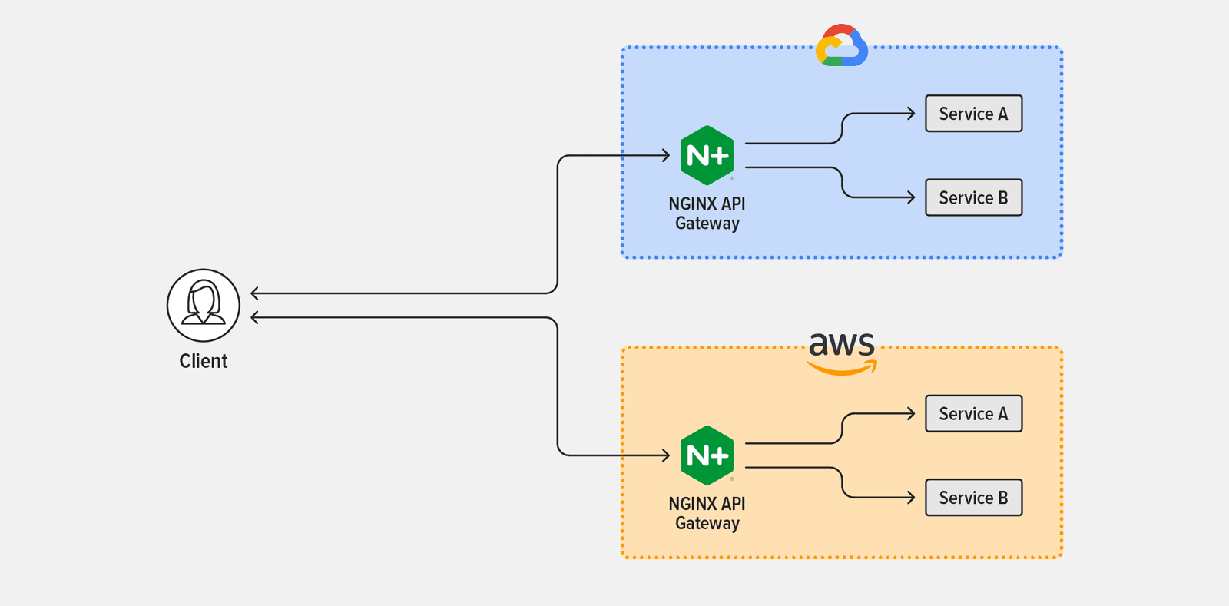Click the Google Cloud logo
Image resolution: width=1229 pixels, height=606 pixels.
[842, 46]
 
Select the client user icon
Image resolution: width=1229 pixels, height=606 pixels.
[204, 305]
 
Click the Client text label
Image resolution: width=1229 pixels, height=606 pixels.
[204, 361]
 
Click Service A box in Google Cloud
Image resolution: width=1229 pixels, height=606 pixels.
[973, 114]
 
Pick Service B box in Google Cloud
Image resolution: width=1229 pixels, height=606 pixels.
[973, 197]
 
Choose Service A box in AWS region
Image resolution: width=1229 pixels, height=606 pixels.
[973, 413]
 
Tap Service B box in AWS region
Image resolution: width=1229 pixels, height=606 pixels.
[973, 498]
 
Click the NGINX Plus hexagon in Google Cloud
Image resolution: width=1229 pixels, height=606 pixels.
[707, 155]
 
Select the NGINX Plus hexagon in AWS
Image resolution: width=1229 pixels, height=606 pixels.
[707, 455]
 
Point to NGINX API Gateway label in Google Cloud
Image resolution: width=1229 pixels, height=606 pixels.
[707, 214]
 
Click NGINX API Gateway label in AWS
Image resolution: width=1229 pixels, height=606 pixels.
[707, 514]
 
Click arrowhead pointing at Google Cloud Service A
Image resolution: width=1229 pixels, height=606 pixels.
[912, 114]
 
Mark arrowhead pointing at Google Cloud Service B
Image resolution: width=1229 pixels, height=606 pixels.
[912, 197]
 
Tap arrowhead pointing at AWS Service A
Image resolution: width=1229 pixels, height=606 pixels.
[912, 413]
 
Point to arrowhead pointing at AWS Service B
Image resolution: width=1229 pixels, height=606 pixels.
[912, 498]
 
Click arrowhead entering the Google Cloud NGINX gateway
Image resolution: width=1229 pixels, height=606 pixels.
[666, 155]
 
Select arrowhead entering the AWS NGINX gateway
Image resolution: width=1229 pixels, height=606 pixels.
[666, 455]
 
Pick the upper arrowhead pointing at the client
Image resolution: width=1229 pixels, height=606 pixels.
[255, 293]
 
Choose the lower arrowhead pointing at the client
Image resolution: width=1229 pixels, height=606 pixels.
[255, 317]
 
